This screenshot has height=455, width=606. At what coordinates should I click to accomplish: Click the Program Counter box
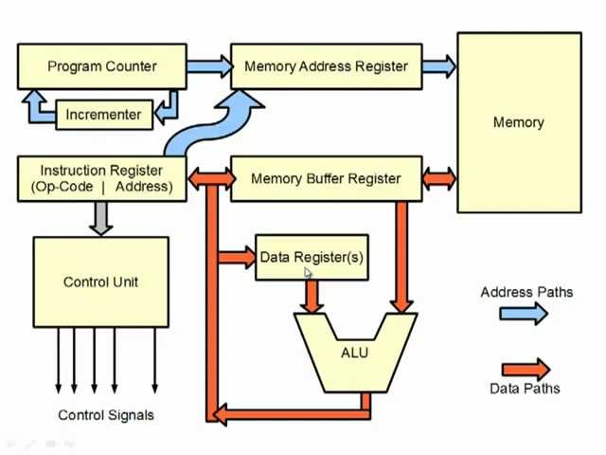(x=101, y=66)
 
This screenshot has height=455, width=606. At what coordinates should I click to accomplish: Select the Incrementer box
(x=103, y=115)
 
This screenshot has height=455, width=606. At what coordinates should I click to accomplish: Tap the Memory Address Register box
(x=326, y=66)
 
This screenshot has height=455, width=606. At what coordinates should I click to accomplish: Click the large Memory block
(x=519, y=122)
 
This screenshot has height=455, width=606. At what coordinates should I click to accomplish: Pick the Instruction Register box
(x=101, y=178)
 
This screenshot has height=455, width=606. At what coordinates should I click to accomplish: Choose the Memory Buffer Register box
(x=326, y=178)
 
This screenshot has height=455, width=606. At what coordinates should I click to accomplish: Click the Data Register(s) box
(x=312, y=257)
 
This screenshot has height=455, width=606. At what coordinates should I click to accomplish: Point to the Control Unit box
(x=101, y=282)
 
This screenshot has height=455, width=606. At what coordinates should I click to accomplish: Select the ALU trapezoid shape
(x=354, y=354)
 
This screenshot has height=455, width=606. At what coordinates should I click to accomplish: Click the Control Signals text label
(x=106, y=414)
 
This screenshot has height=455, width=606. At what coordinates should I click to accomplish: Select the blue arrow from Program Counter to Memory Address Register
(x=209, y=66)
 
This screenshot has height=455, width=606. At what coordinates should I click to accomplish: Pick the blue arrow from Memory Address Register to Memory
(x=439, y=66)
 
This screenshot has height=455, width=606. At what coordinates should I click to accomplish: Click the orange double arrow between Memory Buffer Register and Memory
(x=439, y=178)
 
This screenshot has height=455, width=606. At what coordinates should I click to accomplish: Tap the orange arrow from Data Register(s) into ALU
(x=311, y=296)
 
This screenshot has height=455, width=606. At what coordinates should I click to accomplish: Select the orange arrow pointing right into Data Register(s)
(x=237, y=257)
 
